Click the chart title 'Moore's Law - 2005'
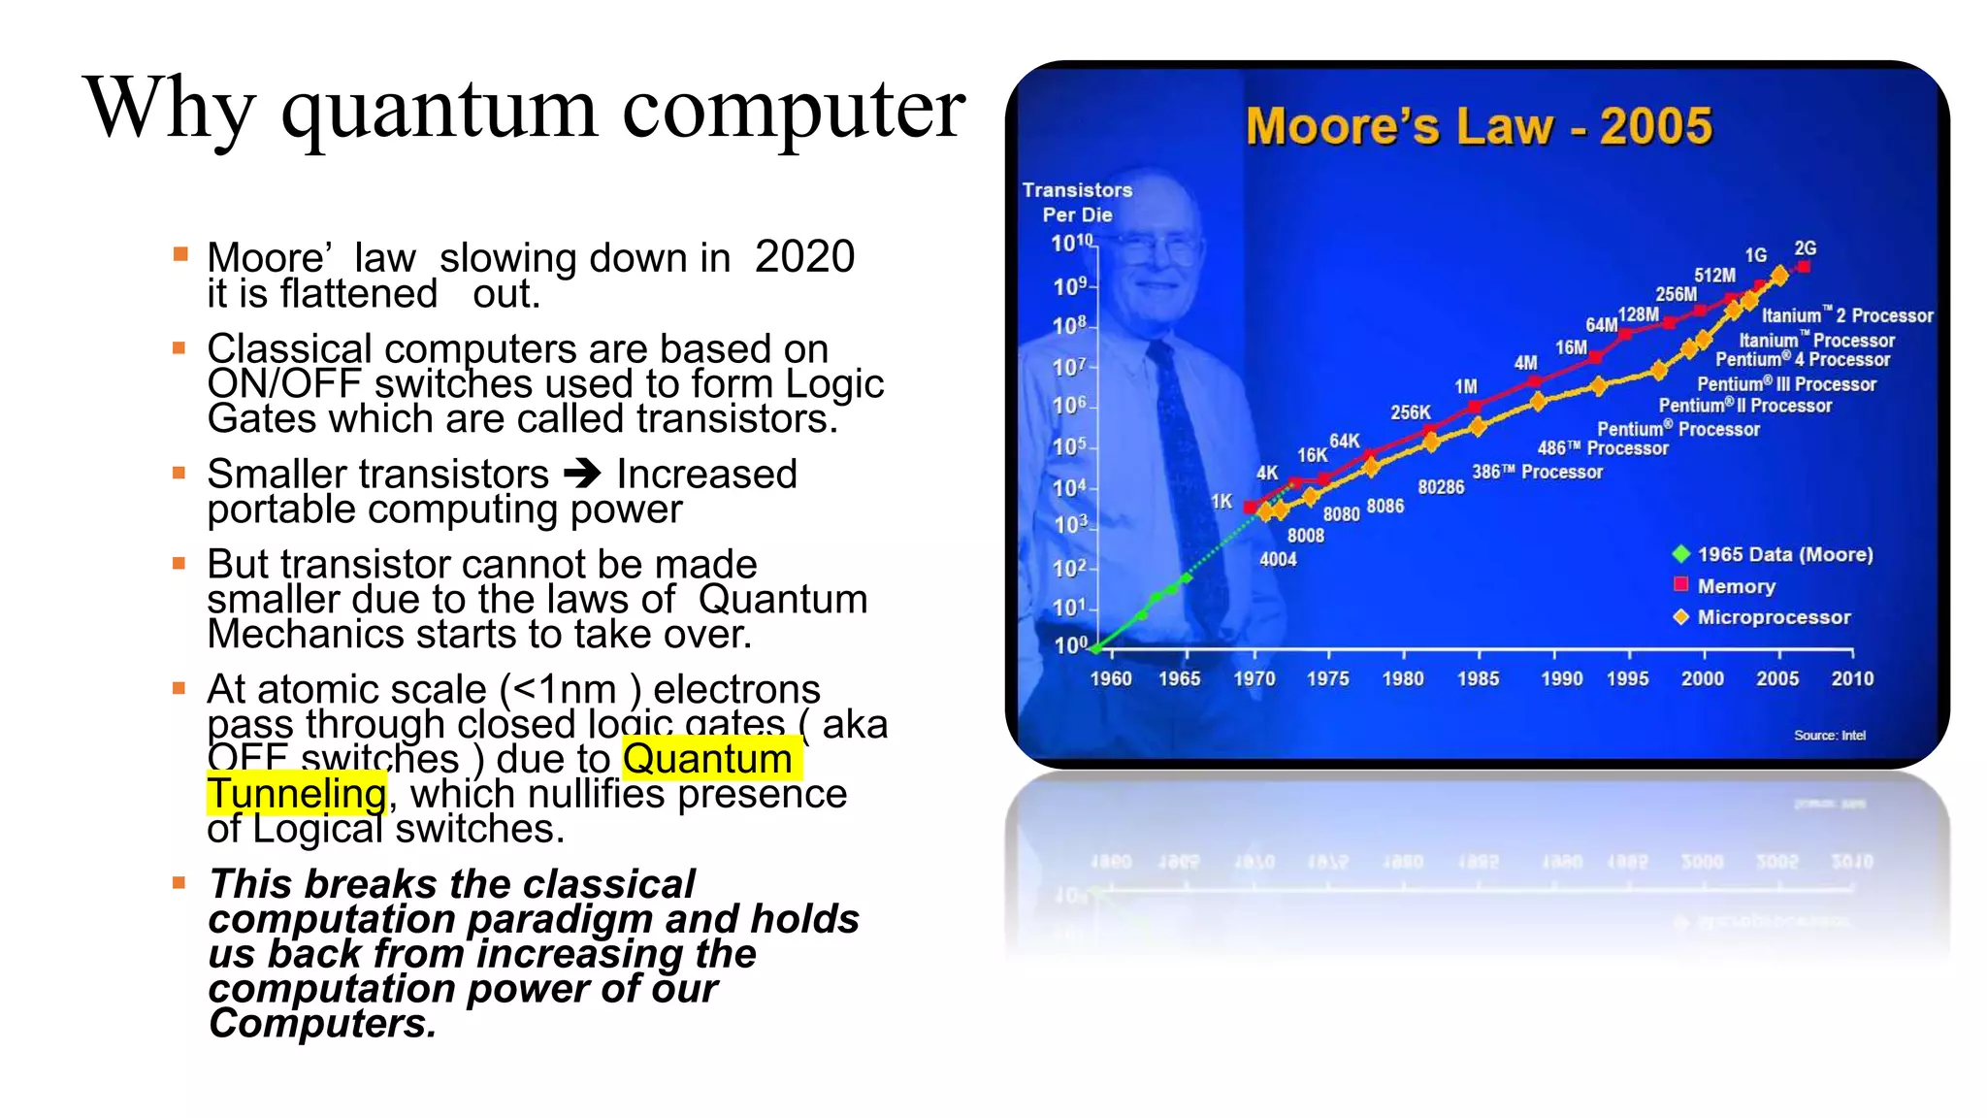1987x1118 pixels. click(x=1479, y=126)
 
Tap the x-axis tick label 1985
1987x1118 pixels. click(x=1478, y=679)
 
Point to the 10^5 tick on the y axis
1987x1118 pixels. click(x=1070, y=446)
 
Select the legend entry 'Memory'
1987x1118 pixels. click(x=1736, y=586)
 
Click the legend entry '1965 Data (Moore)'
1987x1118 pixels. click(x=1783, y=554)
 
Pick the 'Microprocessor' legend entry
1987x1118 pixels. click(x=1773, y=617)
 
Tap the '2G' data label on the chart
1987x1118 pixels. click(x=1805, y=248)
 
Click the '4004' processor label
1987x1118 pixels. click(x=1278, y=559)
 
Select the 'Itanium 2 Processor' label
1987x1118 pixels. click(x=1846, y=315)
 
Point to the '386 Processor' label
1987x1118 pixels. click(x=1537, y=473)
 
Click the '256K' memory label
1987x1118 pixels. click(x=1410, y=412)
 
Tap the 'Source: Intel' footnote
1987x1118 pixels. click(x=1829, y=736)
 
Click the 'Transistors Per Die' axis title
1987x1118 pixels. click(x=1077, y=202)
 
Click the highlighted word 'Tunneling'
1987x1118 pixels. click(x=297, y=794)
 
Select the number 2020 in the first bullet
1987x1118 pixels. click(x=804, y=257)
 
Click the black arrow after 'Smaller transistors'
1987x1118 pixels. click(x=583, y=474)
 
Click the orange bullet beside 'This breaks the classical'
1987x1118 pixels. click(x=179, y=883)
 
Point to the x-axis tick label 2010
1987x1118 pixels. click(x=1851, y=679)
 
